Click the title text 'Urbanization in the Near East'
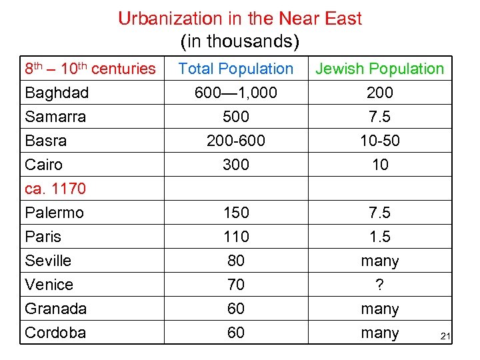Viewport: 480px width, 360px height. point(240,18)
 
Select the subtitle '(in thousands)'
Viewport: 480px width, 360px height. point(240,42)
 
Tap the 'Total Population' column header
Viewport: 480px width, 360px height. point(236,69)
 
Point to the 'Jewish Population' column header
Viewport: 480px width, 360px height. point(379,69)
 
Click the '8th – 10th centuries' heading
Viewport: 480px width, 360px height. point(90,69)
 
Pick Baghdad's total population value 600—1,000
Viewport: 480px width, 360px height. point(236,93)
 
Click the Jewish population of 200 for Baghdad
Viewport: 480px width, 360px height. point(379,93)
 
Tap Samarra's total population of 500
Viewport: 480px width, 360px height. point(236,117)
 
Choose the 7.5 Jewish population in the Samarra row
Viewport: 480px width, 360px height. point(379,117)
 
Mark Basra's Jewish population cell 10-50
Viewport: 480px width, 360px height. point(379,141)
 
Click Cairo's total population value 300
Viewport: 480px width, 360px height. point(236,165)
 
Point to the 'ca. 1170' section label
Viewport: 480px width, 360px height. point(55,189)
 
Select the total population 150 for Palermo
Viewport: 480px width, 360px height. point(236,213)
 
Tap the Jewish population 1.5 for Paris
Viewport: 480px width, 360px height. point(379,237)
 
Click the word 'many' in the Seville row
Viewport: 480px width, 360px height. point(379,261)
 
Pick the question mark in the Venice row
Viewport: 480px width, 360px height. point(379,285)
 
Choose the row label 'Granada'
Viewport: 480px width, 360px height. point(55,309)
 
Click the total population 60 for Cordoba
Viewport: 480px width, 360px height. point(236,333)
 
